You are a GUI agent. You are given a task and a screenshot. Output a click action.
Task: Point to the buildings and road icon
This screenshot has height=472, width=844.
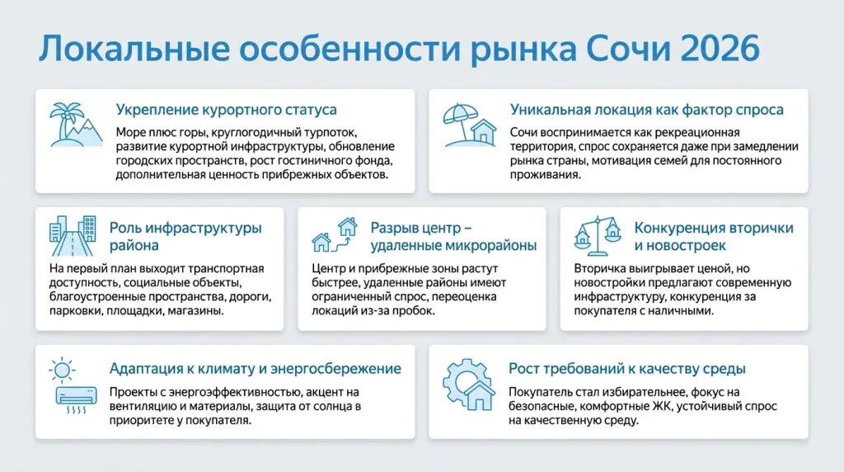coord(72,237)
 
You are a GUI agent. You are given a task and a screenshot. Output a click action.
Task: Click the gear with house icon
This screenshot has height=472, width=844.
coord(467,383)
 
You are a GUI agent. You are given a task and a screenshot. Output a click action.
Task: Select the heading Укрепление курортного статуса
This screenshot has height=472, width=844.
coord(226,110)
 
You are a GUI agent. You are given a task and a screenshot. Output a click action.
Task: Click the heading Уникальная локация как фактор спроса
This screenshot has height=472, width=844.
coord(646,110)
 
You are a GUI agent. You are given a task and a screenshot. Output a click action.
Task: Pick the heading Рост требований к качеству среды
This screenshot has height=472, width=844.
coord(627,369)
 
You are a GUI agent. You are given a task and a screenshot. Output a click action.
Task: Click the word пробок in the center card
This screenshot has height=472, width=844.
coord(412,311)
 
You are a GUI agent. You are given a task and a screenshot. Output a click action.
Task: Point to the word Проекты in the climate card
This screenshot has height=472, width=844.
coord(134,391)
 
